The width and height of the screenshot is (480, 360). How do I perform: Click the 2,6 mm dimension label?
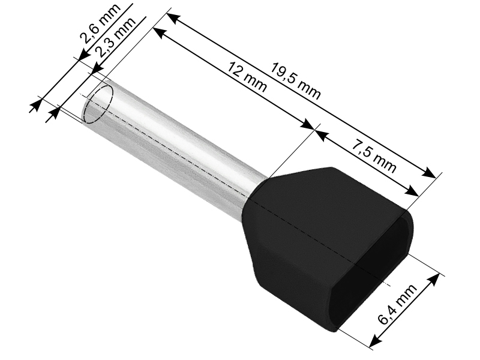(x=100, y=23)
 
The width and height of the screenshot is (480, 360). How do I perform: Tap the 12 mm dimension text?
(x=247, y=77)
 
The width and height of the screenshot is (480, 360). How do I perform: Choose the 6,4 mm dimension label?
(x=397, y=304)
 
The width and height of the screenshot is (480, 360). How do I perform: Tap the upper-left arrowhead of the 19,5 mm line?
(x=172, y=19)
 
